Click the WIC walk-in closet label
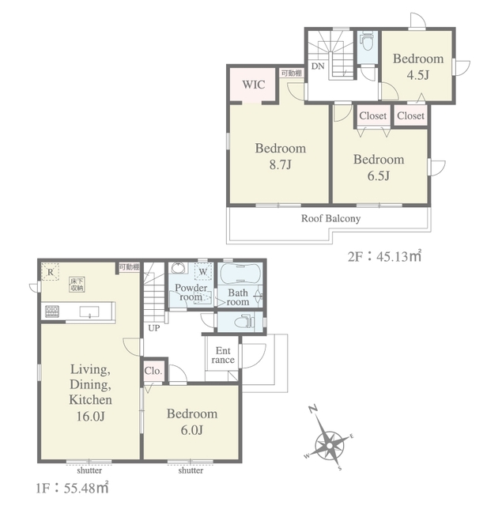[x=253, y=85]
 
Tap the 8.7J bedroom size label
[x=280, y=165]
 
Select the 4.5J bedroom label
[x=418, y=75]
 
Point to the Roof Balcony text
[x=330, y=218]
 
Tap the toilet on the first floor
[x=244, y=322]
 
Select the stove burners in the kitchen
[x=52, y=312]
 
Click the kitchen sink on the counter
[x=89, y=312]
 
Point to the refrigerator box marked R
[x=51, y=272]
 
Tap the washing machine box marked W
[x=203, y=271]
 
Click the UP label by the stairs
[x=154, y=328]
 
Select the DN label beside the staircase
[x=318, y=66]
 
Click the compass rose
[x=329, y=446]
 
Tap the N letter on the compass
[x=313, y=410]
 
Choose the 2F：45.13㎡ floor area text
[x=384, y=256]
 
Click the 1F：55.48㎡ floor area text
[x=72, y=489]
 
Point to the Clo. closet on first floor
[x=153, y=371]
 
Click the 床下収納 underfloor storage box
[x=77, y=285]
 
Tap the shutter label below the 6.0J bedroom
[x=191, y=470]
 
